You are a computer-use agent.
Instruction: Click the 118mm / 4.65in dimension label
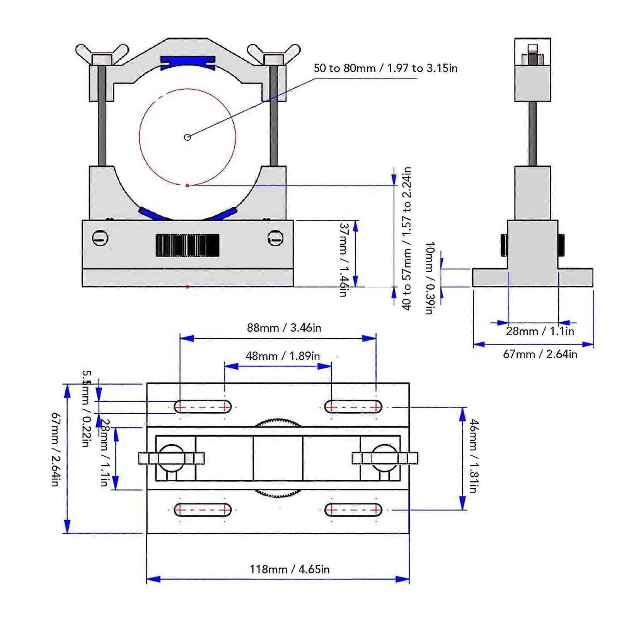tap(289, 570)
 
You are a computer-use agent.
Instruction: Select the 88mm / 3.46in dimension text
tap(284, 328)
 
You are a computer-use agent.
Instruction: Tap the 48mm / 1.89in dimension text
tap(283, 356)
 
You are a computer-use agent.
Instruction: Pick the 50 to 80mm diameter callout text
tap(385, 68)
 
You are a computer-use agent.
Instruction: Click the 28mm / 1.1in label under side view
tap(540, 331)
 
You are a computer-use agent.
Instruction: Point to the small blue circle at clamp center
tap(188, 137)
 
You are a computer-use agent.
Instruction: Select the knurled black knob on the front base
tap(188, 245)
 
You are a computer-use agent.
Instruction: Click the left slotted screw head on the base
tap(100, 238)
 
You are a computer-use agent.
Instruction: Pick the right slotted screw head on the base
tap(275, 237)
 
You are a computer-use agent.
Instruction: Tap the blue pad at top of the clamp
tap(188, 61)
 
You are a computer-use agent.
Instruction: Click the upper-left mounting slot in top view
tap(203, 407)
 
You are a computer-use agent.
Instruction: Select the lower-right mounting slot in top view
tap(353, 510)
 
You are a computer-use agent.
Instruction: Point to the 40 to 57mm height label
tap(406, 238)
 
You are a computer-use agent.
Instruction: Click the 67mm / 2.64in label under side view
tap(540, 354)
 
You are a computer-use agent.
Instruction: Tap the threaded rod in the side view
tap(532, 134)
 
